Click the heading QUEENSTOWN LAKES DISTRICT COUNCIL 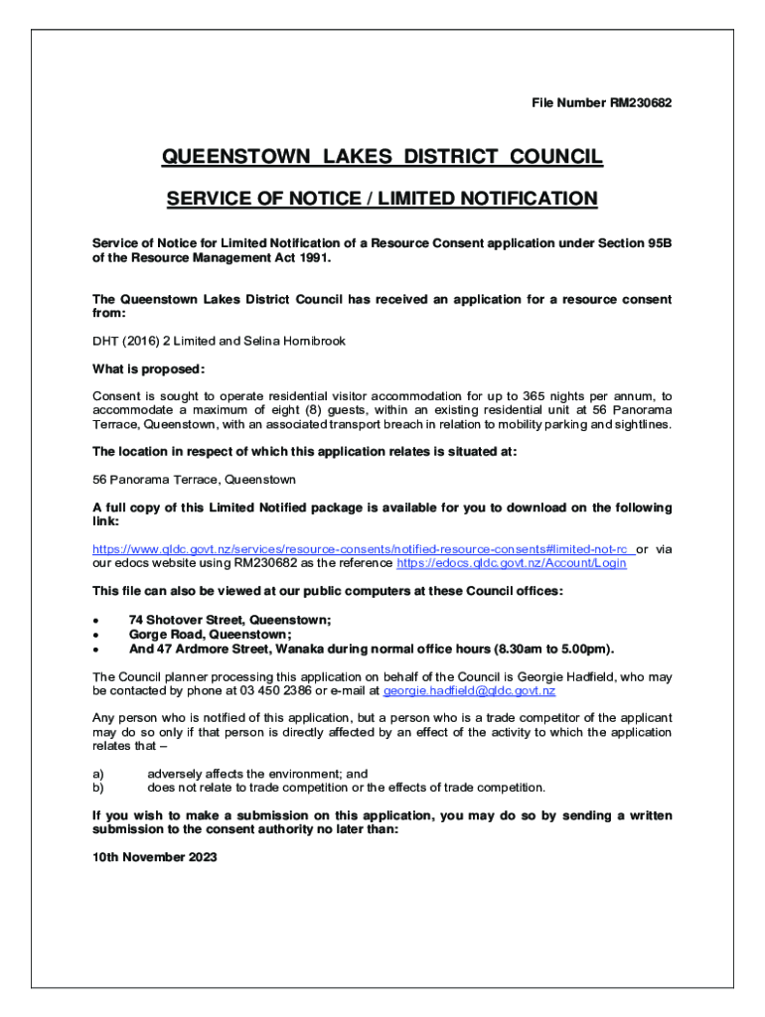(x=382, y=157)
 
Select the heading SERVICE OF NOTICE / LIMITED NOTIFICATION (x=382, y=199)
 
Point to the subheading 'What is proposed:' (x=148, y=369)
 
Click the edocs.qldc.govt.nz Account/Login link (x=511, y=563)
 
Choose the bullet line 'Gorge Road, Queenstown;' (x=210, y=635)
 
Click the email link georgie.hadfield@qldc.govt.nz (x=469, y=690)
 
